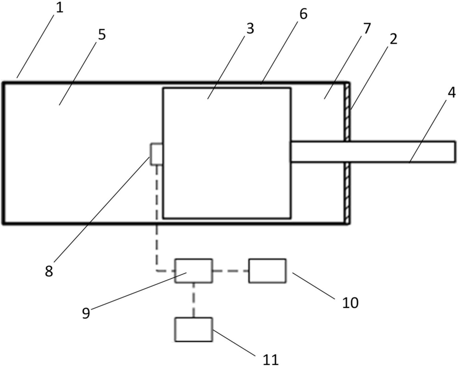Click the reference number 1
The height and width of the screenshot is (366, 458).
pyautogui.click(x=59, y=8)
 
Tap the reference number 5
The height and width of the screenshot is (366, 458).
pyautogui.click(x=102, y=35)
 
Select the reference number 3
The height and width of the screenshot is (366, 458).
pyautogui.click(x=250, y=29)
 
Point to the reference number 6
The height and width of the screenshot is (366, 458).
pyautogui.click(x=304, y=14)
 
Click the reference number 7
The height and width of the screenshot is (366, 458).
pyautogui.click(x=366, y=29)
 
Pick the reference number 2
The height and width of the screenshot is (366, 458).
pyautogui.click(x=394, y=39)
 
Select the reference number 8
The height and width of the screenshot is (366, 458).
pyautogui.click(x=49, y=271)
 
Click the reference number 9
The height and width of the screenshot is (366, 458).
pyautogui.click(x=86, y=314)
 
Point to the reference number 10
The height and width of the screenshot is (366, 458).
pyautogui.click(x=350, y=303)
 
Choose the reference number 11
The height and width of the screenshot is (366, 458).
pyautogui.click(x=271, y=360)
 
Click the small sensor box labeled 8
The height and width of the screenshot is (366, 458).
pyautogui.click(x=157, y=154)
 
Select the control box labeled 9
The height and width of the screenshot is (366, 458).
pyautogui.click(x=194, y=271)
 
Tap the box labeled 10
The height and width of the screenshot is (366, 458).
pyautogui.click(x=267, y=271)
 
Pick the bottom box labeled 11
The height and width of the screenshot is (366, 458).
pyautogui.click(x=194, y=329)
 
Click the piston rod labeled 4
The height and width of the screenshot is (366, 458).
pyautogui.click(x=373, y=152)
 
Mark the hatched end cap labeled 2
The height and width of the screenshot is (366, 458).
pyautogui.click(x=347, y=153)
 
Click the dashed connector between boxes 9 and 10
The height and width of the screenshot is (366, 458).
pyautogui.click(x=230, y=271)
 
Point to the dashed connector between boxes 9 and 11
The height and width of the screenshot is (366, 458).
pyautogui.click(x=193, y=300)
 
